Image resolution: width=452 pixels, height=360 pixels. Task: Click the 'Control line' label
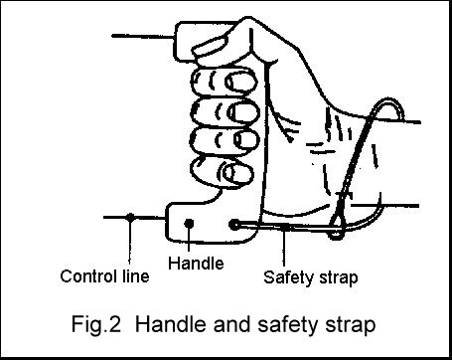pyautogui.click(x=105, y=275)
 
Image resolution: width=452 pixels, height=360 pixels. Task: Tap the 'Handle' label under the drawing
pyautogui.click(x=196, y=264)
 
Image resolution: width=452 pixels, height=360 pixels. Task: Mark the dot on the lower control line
pyautogui.click(x=130, y=217)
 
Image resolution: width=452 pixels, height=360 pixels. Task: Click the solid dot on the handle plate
pyautogui.click(x=190, y=224)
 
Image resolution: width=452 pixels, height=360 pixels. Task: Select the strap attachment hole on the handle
pyautogui.click(x=234, y=226)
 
